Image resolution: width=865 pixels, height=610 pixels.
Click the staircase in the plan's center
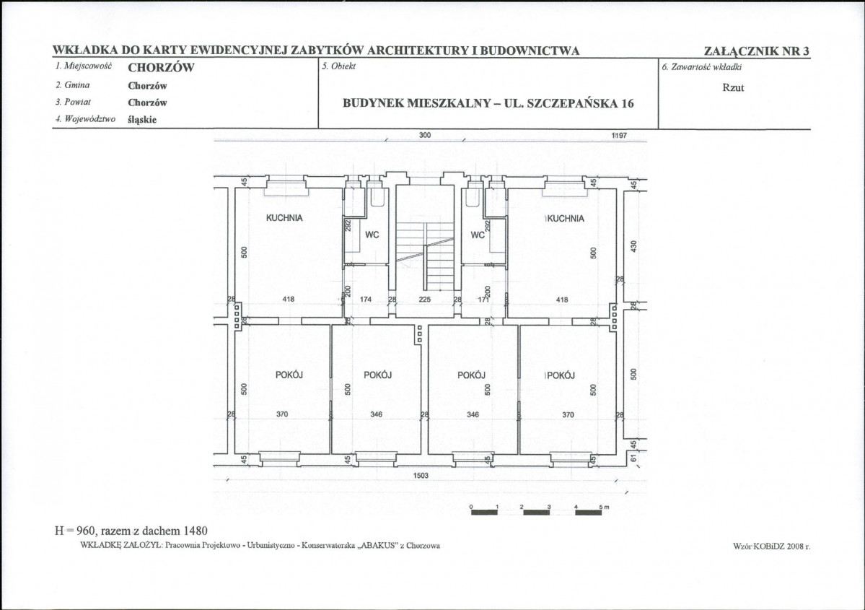point(425,256)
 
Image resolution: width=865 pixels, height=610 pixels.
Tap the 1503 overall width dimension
point(421,475)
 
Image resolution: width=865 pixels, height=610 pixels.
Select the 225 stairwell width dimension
point(424,299)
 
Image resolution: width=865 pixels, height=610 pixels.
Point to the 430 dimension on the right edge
point(633,246)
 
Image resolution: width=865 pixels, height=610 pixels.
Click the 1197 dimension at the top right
point(620,135)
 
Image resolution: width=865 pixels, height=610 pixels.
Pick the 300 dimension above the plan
point(425,135)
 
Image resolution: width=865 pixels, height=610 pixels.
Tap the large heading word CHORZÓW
point(161,68)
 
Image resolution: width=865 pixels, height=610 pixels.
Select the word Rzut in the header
point(733,87)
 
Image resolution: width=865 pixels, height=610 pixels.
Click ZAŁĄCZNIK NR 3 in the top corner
point(756,51)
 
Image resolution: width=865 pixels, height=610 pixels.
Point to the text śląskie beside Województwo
point(142,119)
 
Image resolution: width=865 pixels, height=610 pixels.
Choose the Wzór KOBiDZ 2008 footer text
point(771,546)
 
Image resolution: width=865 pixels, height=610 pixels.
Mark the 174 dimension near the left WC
point(366,299)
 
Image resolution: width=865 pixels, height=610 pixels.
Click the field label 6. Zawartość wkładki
point(702,67)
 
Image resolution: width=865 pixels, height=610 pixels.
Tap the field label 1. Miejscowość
point(83,66)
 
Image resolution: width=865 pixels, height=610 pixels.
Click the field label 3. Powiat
point(74,102)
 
